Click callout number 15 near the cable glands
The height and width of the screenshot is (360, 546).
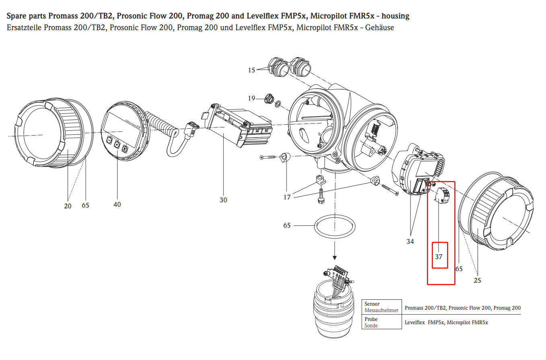[x=251, y=70]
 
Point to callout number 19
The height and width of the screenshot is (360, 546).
[x=251, y=98]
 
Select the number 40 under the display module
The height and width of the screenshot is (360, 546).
[x=117, y=204]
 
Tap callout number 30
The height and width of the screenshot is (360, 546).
[x=223, y=200]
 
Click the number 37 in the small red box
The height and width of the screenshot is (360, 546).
[x=439, y=256]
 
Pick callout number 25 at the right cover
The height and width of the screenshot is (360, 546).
[x=477, y=280]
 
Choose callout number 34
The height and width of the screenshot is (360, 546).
[x=410, y=241]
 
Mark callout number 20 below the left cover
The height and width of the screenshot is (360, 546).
[x=68, y=206]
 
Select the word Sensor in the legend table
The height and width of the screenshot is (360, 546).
[x=372, y=304]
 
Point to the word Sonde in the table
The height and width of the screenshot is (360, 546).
[x=371, y=325]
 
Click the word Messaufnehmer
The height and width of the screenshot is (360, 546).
[x=381, y=311]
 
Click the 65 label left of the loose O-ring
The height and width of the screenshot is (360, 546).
[x=287, y=225]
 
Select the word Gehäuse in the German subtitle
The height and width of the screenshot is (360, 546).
[x=380, y=28]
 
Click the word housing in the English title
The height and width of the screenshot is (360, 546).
[x=396, y=16]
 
